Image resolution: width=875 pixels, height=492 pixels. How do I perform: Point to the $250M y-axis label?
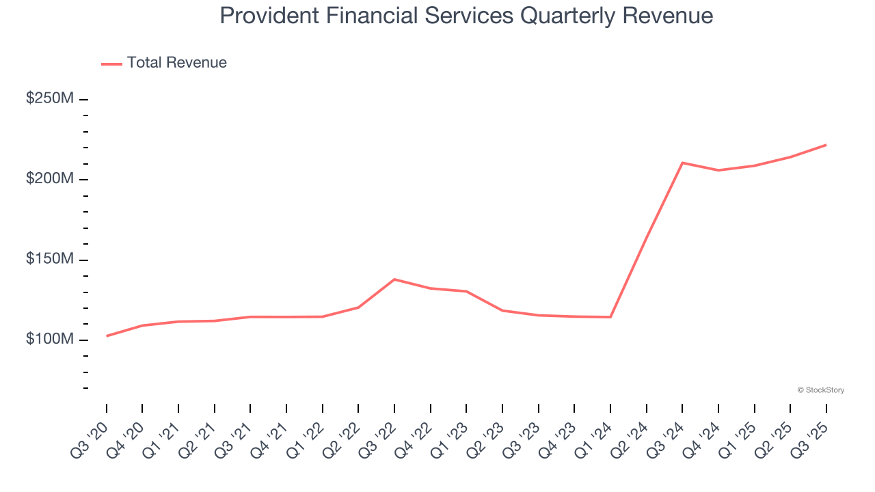click(x=50, y=98)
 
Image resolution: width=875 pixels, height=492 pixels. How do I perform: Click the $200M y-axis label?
click(x=50, y=178)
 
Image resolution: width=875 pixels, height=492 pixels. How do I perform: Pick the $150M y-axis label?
click(x=50, y=259)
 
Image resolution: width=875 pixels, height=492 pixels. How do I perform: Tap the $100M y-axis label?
click(x=50, y=340)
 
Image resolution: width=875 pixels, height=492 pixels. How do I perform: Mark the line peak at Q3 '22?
click(x=394, y=279)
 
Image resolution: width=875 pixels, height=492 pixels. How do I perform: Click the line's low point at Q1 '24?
click(x=610, y=317)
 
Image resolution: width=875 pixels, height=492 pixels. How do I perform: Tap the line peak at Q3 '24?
click(x=682, y=163)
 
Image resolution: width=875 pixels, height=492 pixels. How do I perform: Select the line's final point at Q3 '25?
click(x=826, y=145)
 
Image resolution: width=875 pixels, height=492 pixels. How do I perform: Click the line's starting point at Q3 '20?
click(x=107, y=336)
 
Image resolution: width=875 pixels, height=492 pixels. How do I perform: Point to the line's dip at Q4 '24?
click(x=718, y=170)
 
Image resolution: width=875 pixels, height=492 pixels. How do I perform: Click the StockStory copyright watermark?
click(x=820, y=390)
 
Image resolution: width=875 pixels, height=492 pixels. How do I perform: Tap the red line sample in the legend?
click(x=111, y=64)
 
